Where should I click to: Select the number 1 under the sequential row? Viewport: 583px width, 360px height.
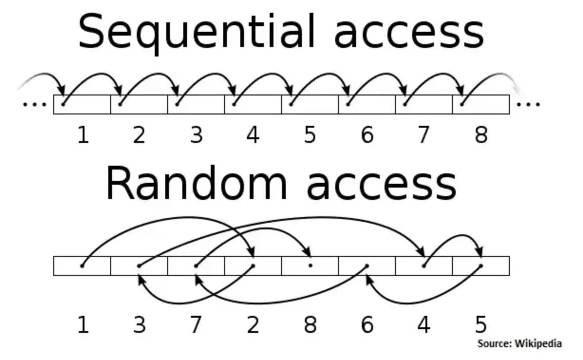pos(83,135)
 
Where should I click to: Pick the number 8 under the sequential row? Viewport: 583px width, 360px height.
pos(481,135)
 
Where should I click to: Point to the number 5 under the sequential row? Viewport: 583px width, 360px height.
pos(310,135)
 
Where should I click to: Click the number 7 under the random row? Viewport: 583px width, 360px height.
pos(196,325)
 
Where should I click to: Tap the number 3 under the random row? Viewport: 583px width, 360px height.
pos(139,325)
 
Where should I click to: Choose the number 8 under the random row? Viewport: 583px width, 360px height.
pos(310,325)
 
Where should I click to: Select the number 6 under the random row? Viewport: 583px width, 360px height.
pos(367,325)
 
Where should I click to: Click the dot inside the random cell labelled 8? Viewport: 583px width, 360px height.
pos(310,265)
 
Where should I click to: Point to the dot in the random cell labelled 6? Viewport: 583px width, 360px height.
pos(367,265)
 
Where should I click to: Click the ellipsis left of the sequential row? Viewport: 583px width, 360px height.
pos(35,104)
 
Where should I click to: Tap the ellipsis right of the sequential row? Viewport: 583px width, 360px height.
pos(528,104)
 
